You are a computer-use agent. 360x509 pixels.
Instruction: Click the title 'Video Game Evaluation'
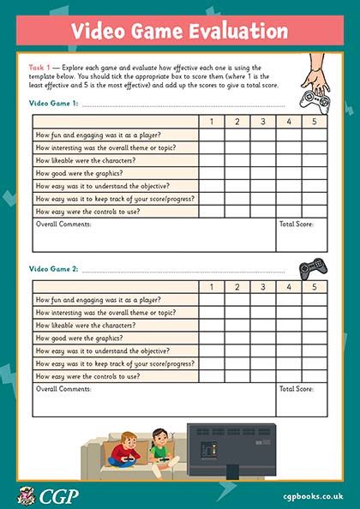pos(179,32)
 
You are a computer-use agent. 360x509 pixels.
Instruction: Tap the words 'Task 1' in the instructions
pos(39,66)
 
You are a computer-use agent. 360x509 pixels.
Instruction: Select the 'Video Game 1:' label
pos(53,104)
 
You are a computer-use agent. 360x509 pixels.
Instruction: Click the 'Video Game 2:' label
pos(53,269)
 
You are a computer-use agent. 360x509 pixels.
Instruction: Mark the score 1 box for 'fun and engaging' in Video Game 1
pos(212,135)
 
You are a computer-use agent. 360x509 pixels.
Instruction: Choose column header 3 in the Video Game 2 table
pos(263,287)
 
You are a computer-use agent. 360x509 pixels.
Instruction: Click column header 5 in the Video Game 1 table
pos(314,121)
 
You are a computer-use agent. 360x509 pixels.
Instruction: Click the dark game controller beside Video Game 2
pos(310,267)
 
